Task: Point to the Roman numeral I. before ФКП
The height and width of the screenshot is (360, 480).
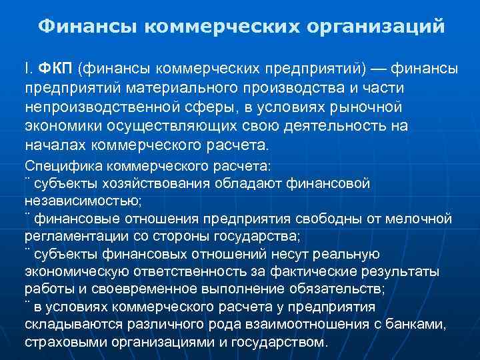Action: coord(28,69)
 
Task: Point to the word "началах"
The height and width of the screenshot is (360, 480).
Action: coord(53,145)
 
